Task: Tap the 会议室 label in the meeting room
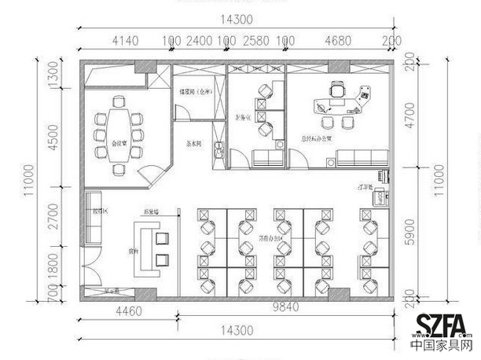[x=119, y=144]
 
